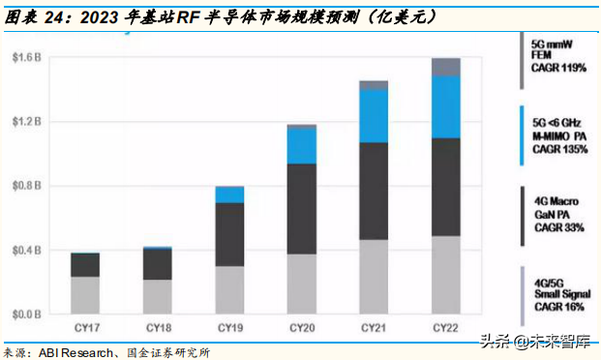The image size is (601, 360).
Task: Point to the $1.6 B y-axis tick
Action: (x=27, y=58)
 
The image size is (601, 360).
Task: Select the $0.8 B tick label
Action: (x=27, y=186)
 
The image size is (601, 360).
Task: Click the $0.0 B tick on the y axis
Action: (x=27, y=315)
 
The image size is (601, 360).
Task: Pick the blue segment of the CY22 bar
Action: (x=444, y=106)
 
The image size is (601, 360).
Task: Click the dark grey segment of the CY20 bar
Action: (x=301, y=209)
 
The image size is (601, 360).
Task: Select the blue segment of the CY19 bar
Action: (x=229, y=195)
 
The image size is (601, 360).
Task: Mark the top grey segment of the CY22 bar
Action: (x=444, y=67)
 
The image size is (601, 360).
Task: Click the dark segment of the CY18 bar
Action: (x=157, y=264)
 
